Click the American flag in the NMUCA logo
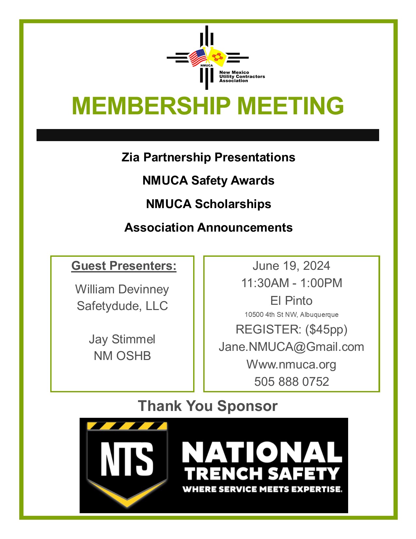(198, 57)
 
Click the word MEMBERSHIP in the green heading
(151, 106)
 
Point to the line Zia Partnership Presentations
(208, 157)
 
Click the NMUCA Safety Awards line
(208, 180)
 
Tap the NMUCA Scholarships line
(208, 204)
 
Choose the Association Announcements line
(208, 227)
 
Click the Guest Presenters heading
(124, 266)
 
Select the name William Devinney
(122, 289)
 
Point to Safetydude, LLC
(122, 306)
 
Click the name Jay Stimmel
(122, 339)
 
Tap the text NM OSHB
(122, 356)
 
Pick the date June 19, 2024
(291, 266)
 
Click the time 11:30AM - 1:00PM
(291, 283)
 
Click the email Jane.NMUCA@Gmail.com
(291, 347)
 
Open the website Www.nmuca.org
(291, 364)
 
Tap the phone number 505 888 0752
(291, 382)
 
